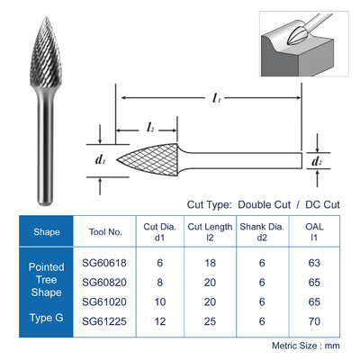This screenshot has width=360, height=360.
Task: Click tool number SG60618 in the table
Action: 104,263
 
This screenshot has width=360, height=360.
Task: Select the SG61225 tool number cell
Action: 104,321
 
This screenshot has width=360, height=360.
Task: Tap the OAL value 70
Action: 314,321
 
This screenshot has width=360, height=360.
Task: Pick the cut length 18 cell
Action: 210,263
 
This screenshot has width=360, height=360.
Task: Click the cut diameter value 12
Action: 160,321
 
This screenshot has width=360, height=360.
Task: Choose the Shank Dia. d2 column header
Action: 262,232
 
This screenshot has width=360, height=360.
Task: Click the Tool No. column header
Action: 105,232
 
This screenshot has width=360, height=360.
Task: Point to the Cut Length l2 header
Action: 210,232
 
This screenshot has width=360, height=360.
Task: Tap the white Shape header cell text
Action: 47,232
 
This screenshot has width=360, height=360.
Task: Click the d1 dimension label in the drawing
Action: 100,160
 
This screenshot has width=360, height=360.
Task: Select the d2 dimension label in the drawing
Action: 317,161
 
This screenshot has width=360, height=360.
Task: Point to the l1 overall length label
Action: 217,98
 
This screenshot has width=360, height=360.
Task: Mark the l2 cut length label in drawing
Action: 150,128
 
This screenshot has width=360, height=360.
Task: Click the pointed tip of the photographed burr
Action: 46,17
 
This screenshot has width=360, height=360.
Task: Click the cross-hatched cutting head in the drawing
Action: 147,159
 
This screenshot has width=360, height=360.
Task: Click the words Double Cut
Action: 264,204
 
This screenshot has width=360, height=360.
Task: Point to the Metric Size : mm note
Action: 306,346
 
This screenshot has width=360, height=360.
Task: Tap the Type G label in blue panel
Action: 47,318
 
